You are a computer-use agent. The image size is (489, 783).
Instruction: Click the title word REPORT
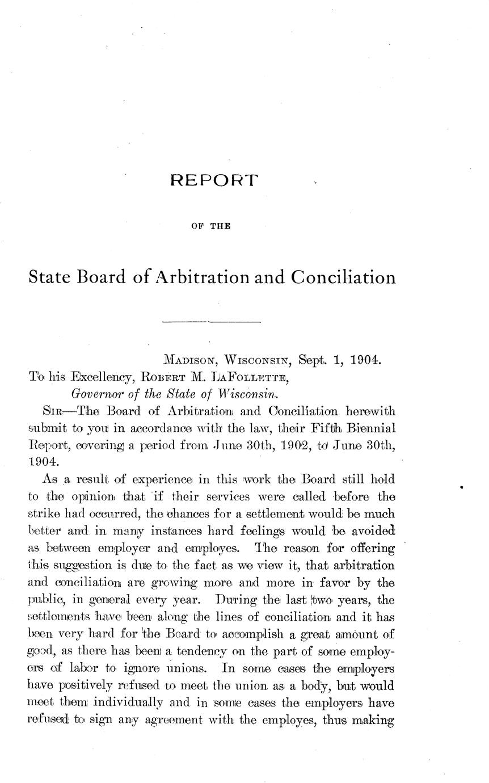(x=214, y=181)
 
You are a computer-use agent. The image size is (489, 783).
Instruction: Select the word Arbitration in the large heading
(x=198, y=277)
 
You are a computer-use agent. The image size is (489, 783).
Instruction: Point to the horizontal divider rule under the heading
(x=211, y=323)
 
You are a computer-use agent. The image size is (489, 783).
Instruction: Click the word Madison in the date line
(x=190, y=360)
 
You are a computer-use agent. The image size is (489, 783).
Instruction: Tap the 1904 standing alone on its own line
(x=41, y=457)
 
